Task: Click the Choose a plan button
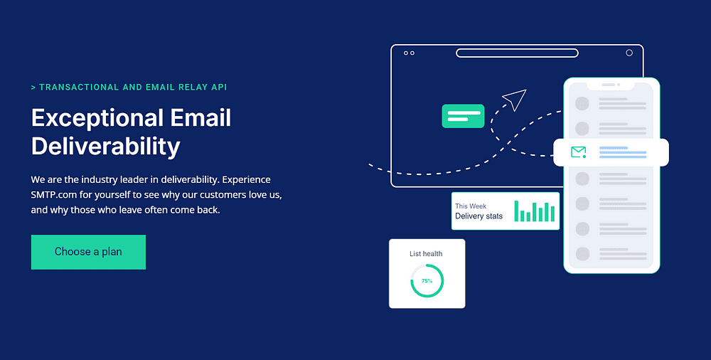88,252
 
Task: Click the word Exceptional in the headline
97,117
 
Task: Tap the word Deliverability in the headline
106,147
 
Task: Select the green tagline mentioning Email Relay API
129,88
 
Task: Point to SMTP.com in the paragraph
54,195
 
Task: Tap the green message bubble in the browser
463,116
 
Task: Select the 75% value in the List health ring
427,281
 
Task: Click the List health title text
426,254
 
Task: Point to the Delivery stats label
479,216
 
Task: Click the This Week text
471,206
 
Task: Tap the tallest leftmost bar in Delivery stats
516,211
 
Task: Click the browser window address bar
517,53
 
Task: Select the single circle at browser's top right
629,53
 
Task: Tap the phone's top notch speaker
608,85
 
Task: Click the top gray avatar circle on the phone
582,103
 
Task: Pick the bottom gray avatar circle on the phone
582,254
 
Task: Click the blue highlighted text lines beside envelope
623,152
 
